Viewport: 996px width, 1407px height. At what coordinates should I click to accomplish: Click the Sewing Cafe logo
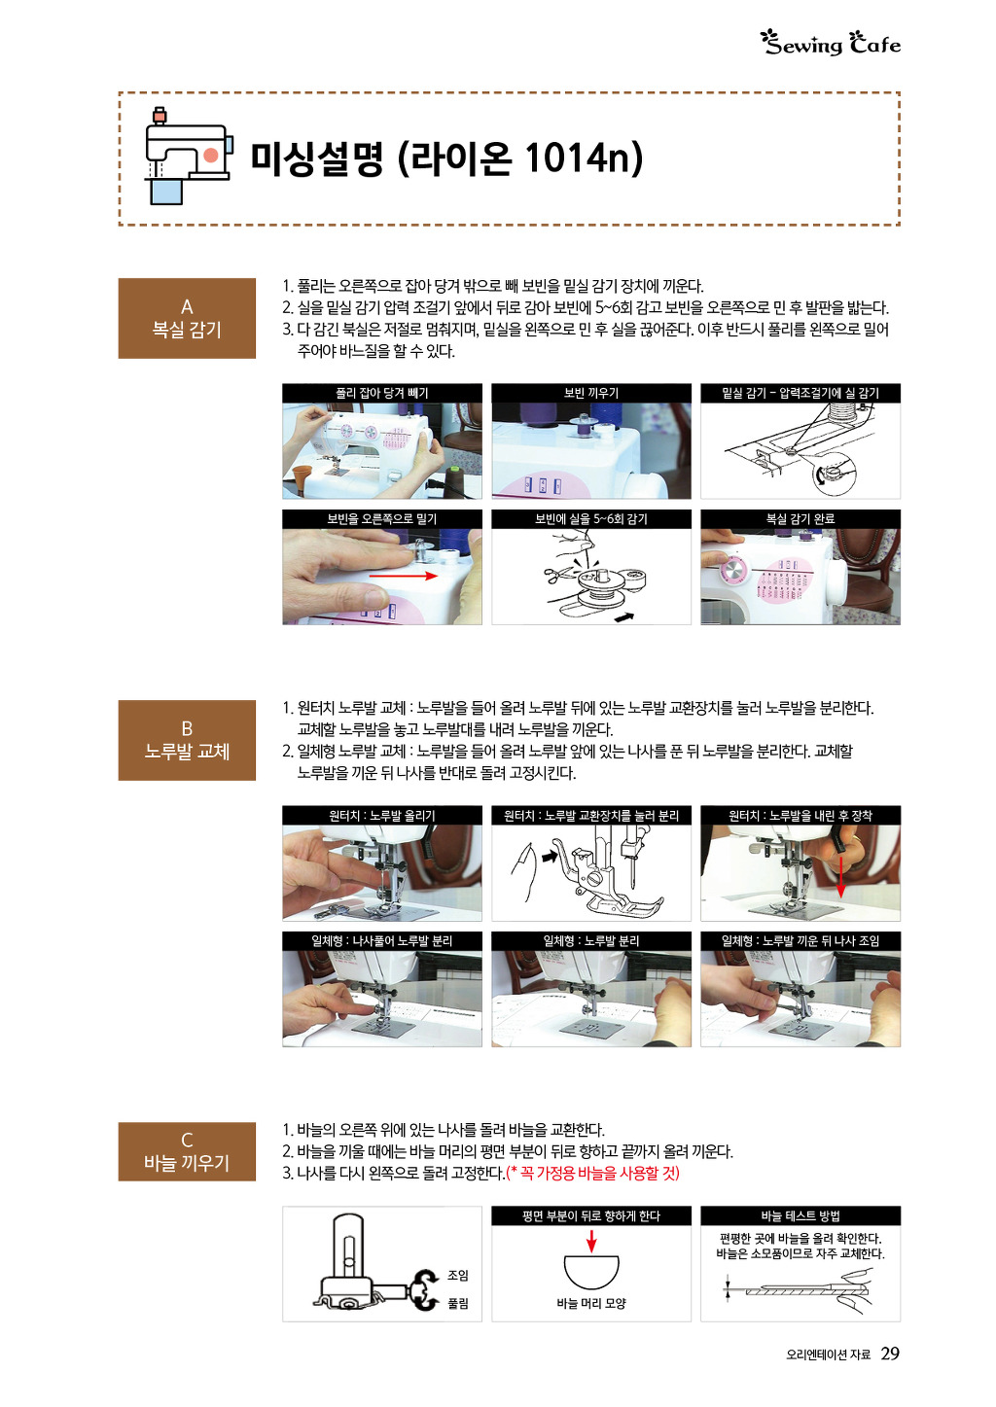pyautogui.click(x=831, y=44)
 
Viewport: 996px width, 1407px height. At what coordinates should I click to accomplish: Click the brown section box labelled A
pyautogui.click(x=187, y=318)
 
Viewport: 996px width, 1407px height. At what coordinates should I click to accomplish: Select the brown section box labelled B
pyautogui.click(x=187, y=740)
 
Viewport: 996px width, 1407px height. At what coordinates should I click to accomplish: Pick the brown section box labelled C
pyautogui.click(x=187, y=1151)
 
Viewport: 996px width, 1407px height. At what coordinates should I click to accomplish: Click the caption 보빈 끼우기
pyautogui.click(x=590, y=393)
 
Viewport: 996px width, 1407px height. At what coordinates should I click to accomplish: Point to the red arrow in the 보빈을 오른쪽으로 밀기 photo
pyautogui.click(x=403, y=576)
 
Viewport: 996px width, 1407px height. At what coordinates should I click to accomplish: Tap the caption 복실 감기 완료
pyautogui.click(x=800, y=519)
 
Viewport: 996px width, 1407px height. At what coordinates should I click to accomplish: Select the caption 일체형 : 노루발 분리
pyautogui.click(x=590, y=941)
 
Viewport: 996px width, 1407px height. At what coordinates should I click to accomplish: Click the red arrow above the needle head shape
pyautogui.click(x=590, y=1241)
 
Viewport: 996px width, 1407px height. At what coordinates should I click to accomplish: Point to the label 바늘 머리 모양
pyautogui.click(x=590, y=1303)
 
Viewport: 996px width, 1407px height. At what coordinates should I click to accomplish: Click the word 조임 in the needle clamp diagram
pyautogui.click(x=458, y=1275)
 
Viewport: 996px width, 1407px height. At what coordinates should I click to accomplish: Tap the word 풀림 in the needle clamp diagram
pyautogui.click(x=458, y=1303)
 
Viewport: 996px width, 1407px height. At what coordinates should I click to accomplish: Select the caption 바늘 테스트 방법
pyautogui.click(x=800, y=1216)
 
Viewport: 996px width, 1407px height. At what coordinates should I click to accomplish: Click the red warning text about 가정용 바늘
pyautogui.click(x=592, y=1173)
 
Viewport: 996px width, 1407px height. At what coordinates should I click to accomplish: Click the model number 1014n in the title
pyautogui.click(x=576, y=157)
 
